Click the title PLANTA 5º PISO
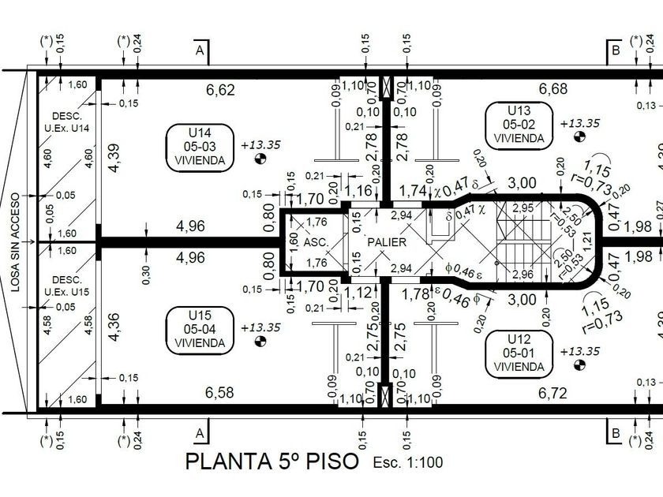pyautogui.click(x=272, y=461)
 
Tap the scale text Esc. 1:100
pyautogui.click(x=408, y=463)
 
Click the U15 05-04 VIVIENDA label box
pyautogui.click(x=200, y=329)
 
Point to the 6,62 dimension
pyautogui.click(x=220, y=90)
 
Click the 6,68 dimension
pyautogui.click(x=552, y=88)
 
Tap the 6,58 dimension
pyautogui.click(x=220, y=392)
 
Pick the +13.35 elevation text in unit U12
pyautogui.click(x=580, y=351)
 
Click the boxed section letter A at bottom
pyautogui.click(x=200, y=433)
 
